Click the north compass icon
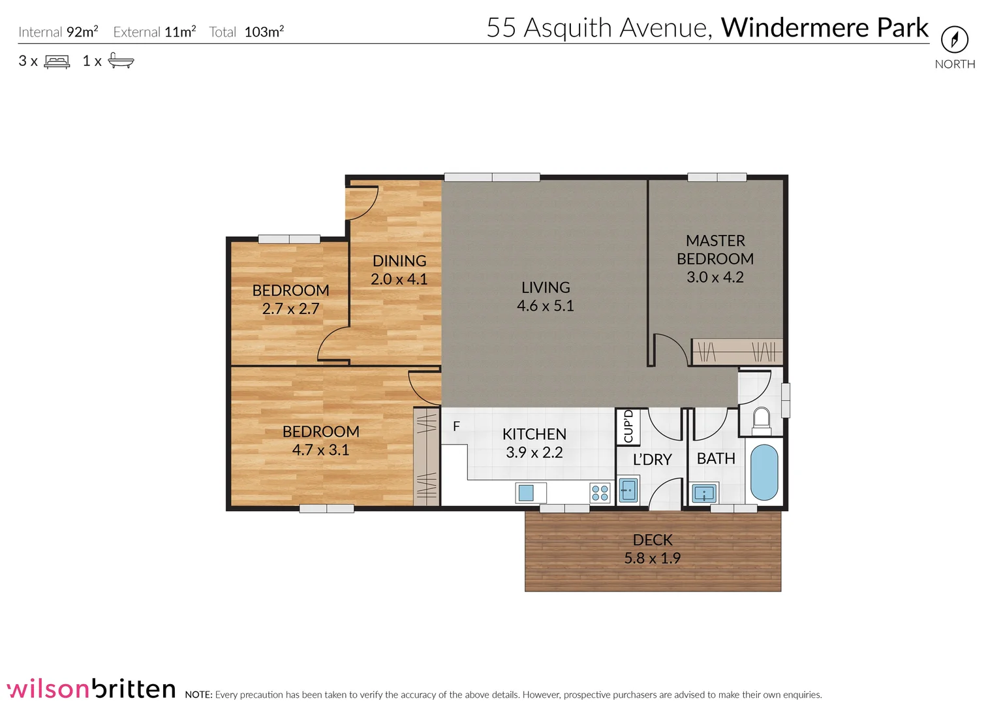tap(954, 40)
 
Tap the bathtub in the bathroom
tap(764, 472)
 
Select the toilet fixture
tap(762, 420)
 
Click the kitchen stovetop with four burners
tap(600, 493)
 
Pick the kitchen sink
tap(527, 492)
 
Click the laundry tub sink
tap(628, 489)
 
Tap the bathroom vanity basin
tap(704, 493)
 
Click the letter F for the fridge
tap(456, 426)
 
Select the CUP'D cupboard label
tap(628, 426)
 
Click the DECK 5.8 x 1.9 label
tap(652, 549)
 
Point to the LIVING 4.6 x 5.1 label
tap(545, 296)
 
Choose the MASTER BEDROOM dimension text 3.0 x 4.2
tap(715, 277)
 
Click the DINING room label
tap(399, 261)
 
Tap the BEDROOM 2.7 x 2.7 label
tap(290, 300)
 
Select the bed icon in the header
tap(57, 62)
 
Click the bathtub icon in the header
tap(121, 61)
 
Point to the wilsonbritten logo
tap(91, 689)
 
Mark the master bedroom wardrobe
tap(737, 352)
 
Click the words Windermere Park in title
tap(824, 28)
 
